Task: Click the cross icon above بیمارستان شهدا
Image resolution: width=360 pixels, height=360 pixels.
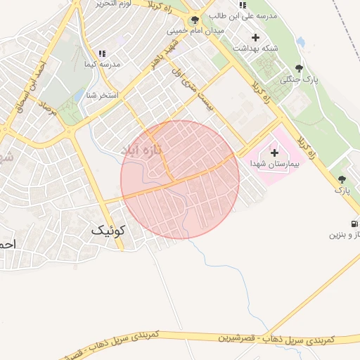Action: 274,152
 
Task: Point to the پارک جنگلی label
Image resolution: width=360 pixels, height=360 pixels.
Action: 300,79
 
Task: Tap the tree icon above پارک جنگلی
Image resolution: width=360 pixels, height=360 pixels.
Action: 300,68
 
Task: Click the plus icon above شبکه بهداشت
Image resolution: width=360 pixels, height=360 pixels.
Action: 255,37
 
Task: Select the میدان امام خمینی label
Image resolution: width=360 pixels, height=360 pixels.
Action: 195,31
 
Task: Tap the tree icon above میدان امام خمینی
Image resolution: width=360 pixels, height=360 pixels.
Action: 195,20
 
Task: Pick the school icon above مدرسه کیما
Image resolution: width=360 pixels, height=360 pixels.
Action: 102,53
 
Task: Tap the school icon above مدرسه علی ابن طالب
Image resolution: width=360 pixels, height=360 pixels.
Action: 243,6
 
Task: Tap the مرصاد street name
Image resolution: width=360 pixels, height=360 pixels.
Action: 45,108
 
